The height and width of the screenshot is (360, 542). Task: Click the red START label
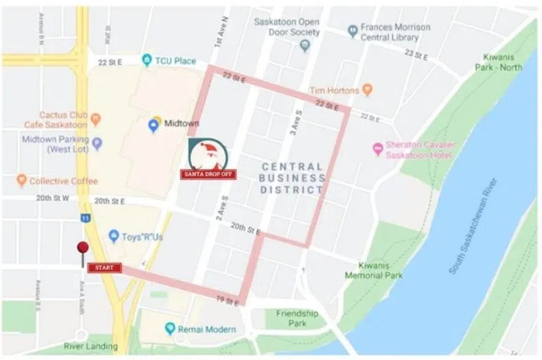coord(104,268)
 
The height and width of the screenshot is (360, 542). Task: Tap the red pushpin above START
coord(83,248)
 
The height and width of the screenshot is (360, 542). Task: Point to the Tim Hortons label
coord(335,90)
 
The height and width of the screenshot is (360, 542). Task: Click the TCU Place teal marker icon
coord(147,61)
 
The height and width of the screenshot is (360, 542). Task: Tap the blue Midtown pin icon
coord(153,125)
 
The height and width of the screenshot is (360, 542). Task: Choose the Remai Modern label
coord(206,328)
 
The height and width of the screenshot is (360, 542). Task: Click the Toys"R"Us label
coord(142,236)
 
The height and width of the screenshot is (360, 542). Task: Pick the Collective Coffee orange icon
coord(21,181)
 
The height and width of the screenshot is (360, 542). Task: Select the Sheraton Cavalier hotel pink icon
coord(378,148)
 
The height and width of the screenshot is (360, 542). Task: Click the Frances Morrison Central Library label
coord(395,32)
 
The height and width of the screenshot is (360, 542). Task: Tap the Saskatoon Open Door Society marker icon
coord(305,46)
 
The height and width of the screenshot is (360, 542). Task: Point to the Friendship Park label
coord(296,318)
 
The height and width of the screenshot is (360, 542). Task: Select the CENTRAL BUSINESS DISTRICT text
coord(293,178)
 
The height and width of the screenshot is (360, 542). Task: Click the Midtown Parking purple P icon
coord(97,144)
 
